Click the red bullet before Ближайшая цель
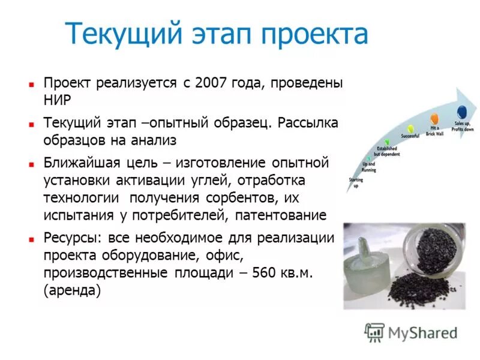coord(31,164)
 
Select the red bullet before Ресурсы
coord(31,238)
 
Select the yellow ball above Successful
coord(410,128)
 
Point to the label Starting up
coord(355,182)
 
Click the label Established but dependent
coord(387,151)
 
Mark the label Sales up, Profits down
coord(463,126)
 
